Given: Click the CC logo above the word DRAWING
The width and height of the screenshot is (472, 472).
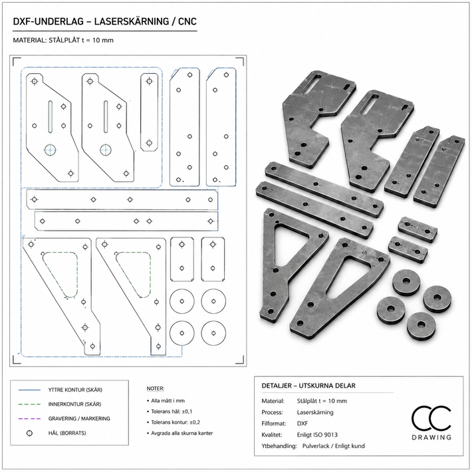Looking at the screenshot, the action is point(431,418).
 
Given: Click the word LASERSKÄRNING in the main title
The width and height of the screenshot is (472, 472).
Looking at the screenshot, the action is point(132,22).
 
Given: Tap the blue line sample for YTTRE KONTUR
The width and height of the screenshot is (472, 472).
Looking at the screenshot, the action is point(29,390).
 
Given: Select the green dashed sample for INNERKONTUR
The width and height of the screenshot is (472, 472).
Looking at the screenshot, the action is point(29,404).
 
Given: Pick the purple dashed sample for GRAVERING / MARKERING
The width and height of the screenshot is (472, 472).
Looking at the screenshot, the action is point(29,419).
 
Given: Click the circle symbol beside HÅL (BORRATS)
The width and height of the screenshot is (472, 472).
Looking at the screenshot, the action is point(29,433).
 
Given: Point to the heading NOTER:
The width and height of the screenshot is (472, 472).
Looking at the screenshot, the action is point(156,389).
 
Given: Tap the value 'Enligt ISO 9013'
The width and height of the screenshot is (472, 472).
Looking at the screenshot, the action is point(317,435).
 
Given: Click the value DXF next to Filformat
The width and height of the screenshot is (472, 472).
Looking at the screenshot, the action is point(302,423).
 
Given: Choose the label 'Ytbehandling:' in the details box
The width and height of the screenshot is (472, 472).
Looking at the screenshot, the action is point(279,446).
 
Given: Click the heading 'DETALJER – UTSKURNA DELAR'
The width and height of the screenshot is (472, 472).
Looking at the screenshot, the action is point(308,386).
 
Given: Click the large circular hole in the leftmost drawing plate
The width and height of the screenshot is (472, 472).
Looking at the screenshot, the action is point(51,150).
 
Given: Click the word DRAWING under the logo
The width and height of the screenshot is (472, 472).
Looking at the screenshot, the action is point(431,437).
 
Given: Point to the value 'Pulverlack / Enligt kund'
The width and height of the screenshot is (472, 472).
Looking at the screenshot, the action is point(333,446).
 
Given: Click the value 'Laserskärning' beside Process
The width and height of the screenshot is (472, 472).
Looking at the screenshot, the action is point(315,412).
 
